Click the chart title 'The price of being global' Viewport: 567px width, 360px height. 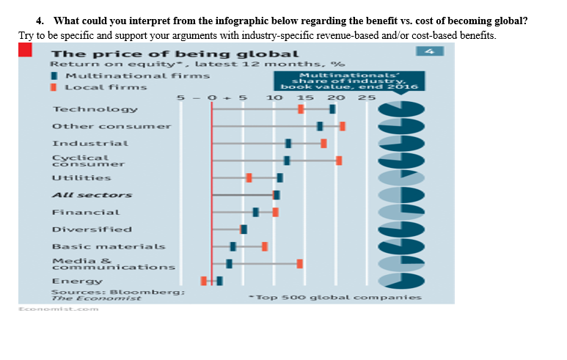[x=175, y=54]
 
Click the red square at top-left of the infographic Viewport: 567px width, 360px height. [x=25, y=49]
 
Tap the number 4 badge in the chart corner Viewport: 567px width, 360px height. [x=431, y=51]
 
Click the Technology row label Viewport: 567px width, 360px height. [x=95, y=109]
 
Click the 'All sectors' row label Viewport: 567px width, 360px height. [x=92, y=195]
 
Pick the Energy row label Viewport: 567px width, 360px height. [x=77, y=281]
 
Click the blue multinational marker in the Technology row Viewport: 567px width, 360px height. [x=332, y=109]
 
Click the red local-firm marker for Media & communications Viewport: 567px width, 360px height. [x=299, y=263]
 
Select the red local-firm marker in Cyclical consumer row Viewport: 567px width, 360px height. [x=339, y=161]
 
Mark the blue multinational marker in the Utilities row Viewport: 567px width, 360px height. [x=279, y=177]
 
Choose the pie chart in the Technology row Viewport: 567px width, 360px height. [x=400, y=109]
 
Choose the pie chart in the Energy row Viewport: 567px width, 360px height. [x=400, y=281]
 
